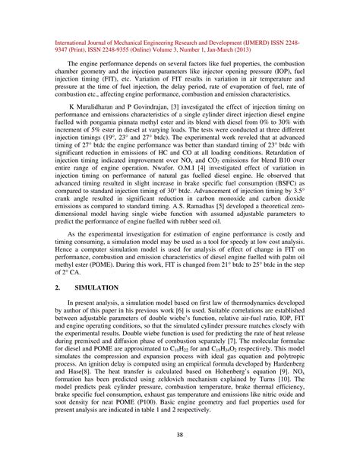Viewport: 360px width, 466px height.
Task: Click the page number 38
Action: click(x=180, y=434)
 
